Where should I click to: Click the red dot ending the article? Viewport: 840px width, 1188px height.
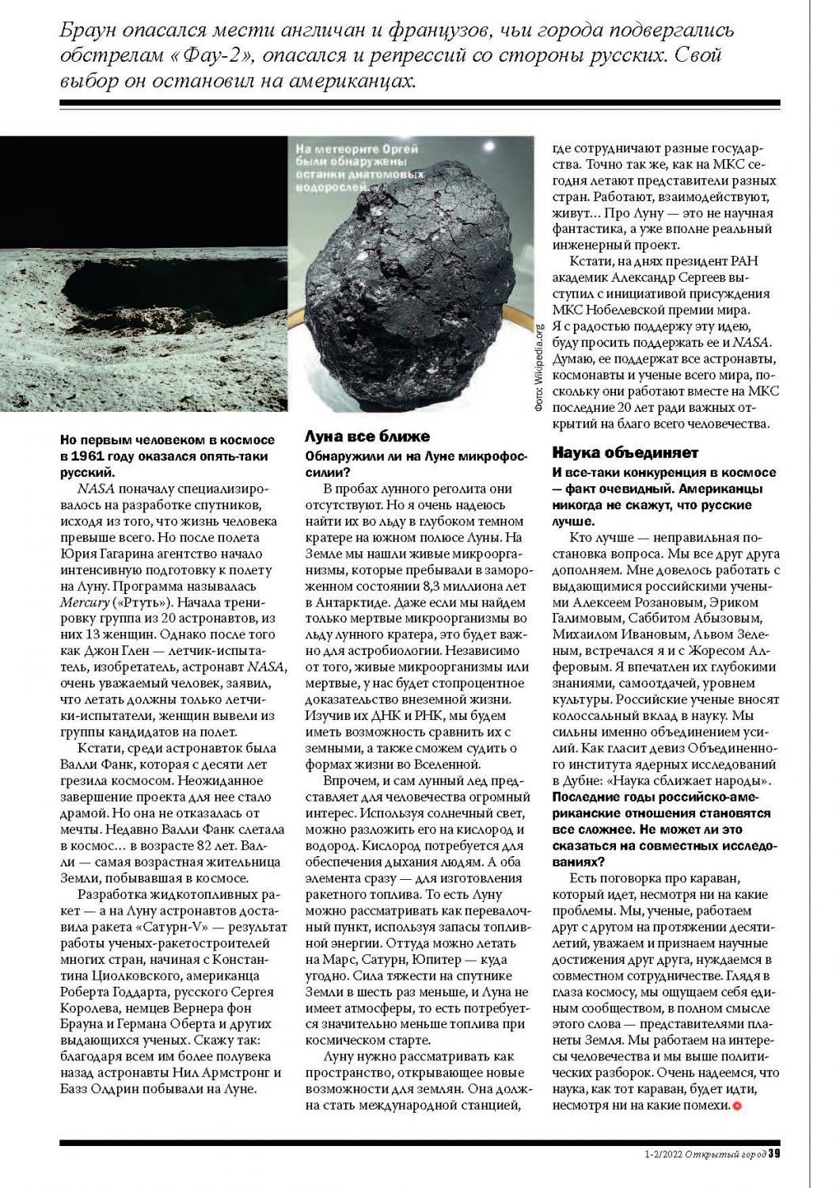pos(738,1106)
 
